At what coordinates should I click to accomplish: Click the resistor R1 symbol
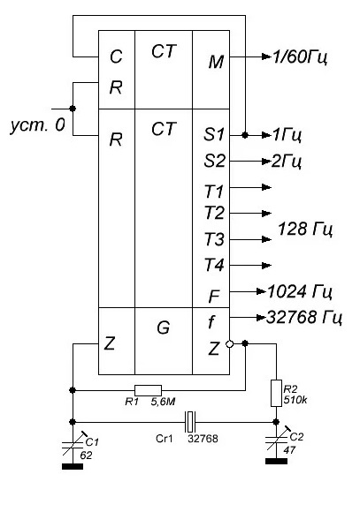tap(148, 390)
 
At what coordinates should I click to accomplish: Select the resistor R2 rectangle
tap(276, 393)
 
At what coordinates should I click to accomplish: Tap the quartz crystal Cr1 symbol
tap(190, 422)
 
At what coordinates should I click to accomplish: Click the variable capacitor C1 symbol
tap(73, 445)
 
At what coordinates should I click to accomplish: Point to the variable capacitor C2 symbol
tap(277, 440)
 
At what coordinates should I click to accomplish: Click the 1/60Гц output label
tap(300, 57)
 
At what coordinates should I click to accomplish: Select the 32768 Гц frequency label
tap(304, 318)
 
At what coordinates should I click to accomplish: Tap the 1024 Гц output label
tap(300, 291)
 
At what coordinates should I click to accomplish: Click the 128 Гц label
tap(305, 230)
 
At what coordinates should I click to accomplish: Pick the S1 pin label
tap(214, 134)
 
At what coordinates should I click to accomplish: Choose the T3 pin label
tap(214, 239)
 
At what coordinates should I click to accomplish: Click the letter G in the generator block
tap(163, 328)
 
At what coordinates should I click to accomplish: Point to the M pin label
tap(216, 62)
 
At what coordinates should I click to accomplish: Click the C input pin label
tap(116, 56)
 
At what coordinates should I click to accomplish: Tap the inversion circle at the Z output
tap(230, 344)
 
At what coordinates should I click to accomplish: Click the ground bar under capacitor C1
tap(73, 467)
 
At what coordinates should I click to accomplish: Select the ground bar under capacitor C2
tap(276, 461)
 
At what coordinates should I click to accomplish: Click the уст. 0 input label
tap(38, 125)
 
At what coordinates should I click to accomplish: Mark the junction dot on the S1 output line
tap(245, 135)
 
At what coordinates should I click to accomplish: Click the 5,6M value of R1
tap(163, 402)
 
